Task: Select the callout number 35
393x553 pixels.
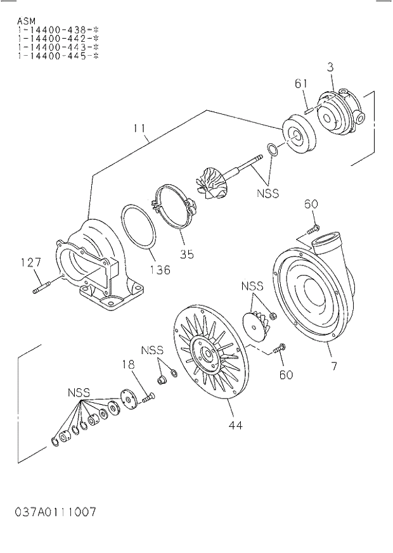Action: (x=186, y=255)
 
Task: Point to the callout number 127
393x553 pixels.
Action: (x=30, y=262)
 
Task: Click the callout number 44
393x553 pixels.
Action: (x=235, y=424)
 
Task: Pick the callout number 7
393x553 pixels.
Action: (x=333, y=365)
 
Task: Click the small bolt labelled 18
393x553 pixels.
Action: (x=148, y=398)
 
